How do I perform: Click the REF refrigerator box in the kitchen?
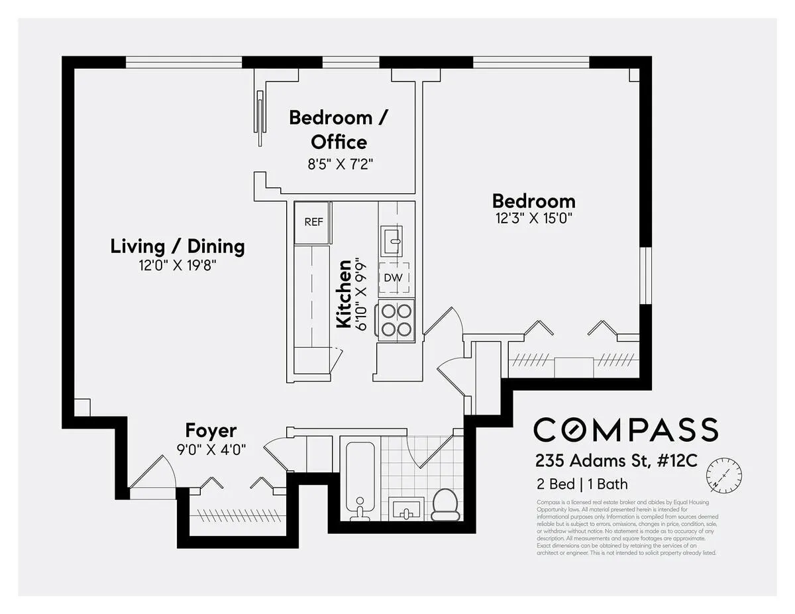(313, 222)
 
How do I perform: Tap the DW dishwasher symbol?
(393, 278)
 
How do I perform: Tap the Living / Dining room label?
(177, 246)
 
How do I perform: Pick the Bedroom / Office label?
(339, 130)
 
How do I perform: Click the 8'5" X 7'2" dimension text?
(341, 164)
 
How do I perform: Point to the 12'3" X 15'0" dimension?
(533, 218)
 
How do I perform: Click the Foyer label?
(211, 431)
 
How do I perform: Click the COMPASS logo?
(625, 429)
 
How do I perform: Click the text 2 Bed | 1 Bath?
(582, 484)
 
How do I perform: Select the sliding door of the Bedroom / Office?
(259, 118)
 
